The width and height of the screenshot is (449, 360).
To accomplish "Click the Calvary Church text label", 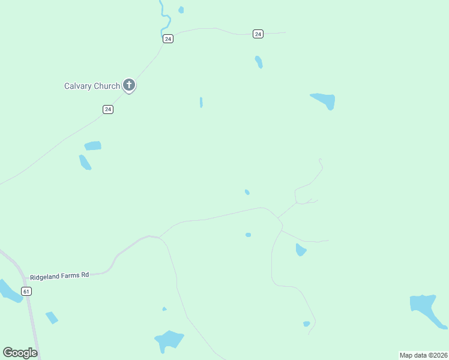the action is click(92, 86).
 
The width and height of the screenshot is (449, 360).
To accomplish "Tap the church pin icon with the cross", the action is click(128, 85).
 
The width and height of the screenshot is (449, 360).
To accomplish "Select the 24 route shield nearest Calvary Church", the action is click(108, 109).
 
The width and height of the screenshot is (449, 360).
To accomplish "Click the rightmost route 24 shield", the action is click(258, 34).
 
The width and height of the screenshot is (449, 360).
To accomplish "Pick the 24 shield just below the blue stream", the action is click(168, 38).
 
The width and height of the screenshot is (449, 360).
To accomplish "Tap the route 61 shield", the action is click(26, 291).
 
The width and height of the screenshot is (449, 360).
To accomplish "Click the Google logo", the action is click(20, 353).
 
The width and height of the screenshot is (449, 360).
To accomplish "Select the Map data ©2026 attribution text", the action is click(423, 355).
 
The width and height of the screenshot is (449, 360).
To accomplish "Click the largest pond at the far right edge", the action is click(426, 310).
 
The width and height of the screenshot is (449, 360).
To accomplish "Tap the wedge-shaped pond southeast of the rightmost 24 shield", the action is click(324, 100).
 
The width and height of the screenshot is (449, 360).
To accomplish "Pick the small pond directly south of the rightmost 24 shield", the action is click(259, 62).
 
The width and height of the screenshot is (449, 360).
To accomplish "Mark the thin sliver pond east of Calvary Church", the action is click(201, 103).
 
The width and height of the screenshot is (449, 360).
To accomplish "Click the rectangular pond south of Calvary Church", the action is click(93, 146).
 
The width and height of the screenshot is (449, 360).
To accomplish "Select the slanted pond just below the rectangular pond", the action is click(85, 162).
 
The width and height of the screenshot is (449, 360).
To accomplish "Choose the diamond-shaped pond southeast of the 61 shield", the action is click(52, 317).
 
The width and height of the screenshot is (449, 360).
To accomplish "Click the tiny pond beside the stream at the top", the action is click(181, 10).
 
